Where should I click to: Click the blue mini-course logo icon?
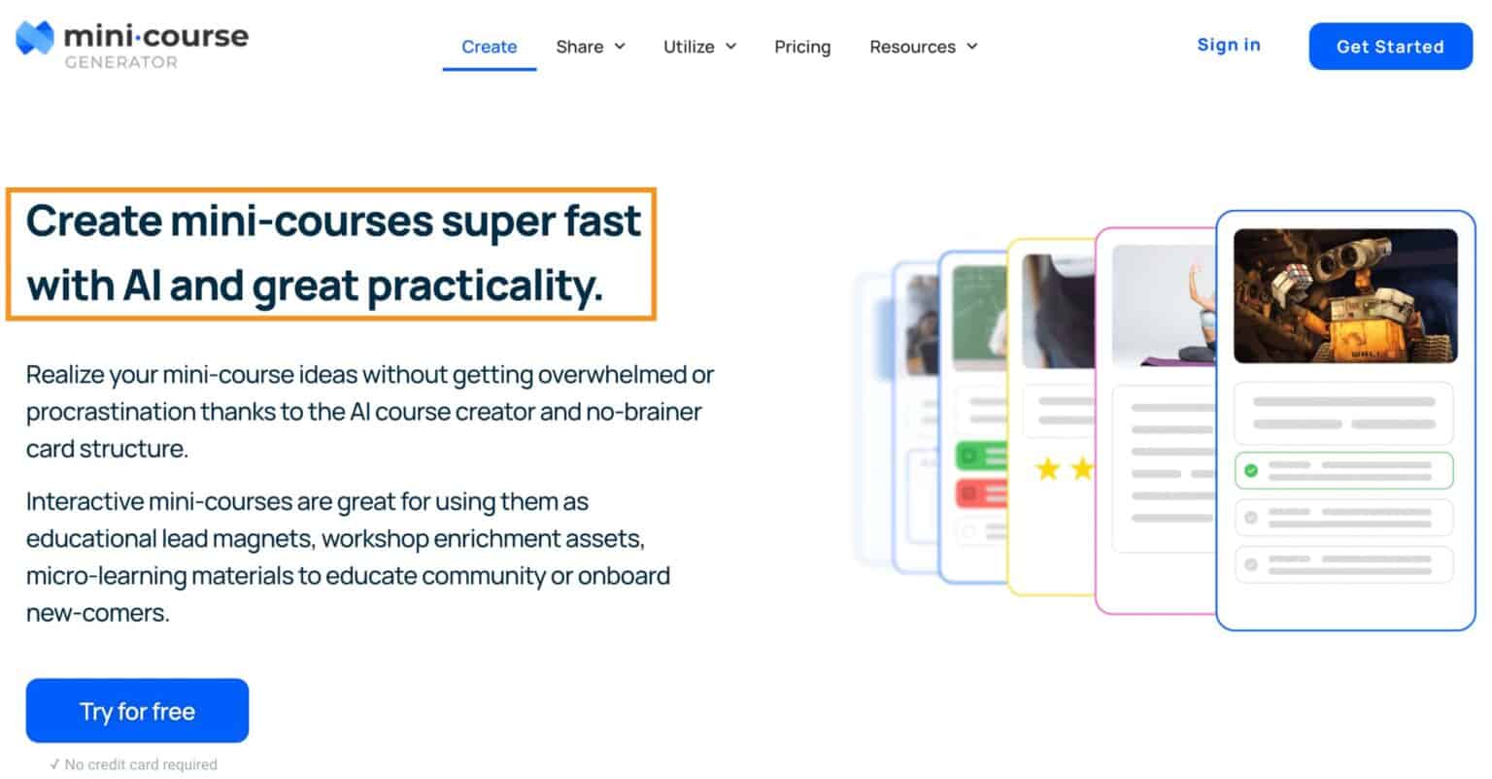point(34,39)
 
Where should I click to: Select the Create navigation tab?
point(489,47)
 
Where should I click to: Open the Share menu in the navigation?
point(590,47)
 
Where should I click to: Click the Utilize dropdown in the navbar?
point(699,47)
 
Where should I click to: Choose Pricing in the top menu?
point(802,47)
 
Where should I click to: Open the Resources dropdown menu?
point(923,47)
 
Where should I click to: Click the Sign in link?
point(1229,45)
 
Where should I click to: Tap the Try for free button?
point(137,711)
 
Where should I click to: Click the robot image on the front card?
point(1345,295)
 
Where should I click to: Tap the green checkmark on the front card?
point(1251,470)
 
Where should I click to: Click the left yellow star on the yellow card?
point(1047,470)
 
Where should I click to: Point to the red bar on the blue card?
point(981,493)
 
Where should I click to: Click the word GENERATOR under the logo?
point(121,63)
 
